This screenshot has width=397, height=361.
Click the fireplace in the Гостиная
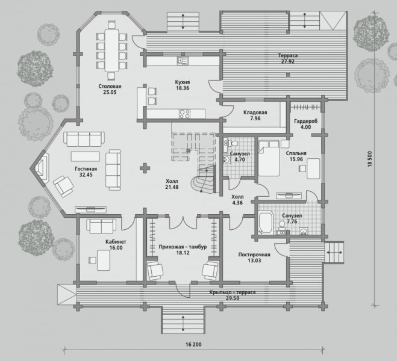pyautogui.click(x=42, y=167)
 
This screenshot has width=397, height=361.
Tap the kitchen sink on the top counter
pyautogui.click(x=183, y=60)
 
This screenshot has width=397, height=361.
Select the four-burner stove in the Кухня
pyautogui.click(x=184, y=114)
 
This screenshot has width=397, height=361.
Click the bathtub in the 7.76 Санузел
pyautogui.click(x=265, y=223)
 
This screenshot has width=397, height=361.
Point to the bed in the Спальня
pyautogui.click(x=269, y=158)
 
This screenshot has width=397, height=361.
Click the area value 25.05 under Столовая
pyautogui.click(x=110, y=92)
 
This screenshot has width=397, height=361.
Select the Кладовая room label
pyautogui.click(x=255, y=113)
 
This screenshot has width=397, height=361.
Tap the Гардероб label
pyautogui.click(x=305, y=121)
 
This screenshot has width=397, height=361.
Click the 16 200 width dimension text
pyautogui.click(x=194, y=344)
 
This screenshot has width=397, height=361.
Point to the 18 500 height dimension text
pyautogui.click(x=370, y=159)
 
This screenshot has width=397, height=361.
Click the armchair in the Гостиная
pyautogui.click(x=63, y=186)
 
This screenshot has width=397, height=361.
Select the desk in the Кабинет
pyautogui.click(x=104, y=260)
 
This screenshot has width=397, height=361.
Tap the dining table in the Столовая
pyautogui.click(x=111, y=51)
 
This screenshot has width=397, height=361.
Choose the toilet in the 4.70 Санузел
pyautogui.click(x=233, y=143)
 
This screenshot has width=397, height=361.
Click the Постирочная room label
pyautogui.click(x=254, y=255)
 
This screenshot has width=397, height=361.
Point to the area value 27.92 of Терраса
pyautogui.click(x=288, y=61)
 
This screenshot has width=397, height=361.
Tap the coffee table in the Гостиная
pyautogui.click(x=86, y=156)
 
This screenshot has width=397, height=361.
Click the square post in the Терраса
pyautogui.click(x=288, y=75)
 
